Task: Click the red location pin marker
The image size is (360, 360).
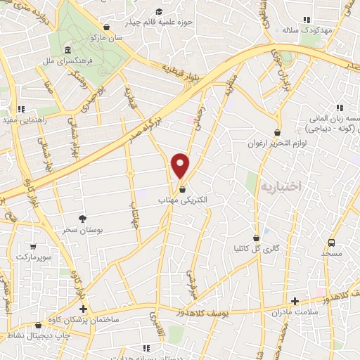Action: point(181,166)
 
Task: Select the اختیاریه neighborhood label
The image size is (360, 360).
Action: point(281,186)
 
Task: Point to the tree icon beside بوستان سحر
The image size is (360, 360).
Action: point(82,219)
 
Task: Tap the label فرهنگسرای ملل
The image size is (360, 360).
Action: point(66,62)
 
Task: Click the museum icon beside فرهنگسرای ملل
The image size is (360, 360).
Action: point(66,51)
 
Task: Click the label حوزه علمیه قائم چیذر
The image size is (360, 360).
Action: point(157,22)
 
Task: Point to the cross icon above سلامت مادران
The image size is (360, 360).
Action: point(295,300)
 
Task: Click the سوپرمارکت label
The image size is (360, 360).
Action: point(32,259)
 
